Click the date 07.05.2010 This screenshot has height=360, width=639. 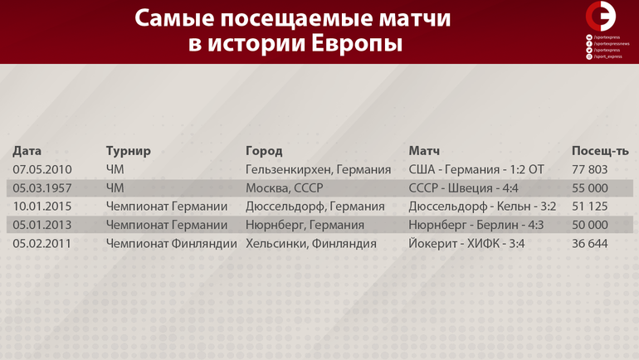[42, 169]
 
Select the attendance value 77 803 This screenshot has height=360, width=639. [590, 169]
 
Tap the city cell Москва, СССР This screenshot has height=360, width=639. [285, 188]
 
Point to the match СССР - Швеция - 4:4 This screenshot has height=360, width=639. [463, 188]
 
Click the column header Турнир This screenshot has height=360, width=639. [129, 151]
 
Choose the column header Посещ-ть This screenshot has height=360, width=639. [600, 151]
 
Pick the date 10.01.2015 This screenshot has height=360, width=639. [42, 207]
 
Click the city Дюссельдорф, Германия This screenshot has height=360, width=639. [315, 207]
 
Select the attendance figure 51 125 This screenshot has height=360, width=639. [590, 207]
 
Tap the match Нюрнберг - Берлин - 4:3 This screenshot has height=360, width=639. [476, 225]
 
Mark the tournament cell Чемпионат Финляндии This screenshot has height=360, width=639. [172, 244]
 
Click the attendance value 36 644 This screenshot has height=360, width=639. [590, 244]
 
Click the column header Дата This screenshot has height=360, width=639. [27, 151]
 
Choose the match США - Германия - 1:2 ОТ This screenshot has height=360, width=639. [476, 169]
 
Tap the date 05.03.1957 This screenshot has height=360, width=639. [42, 188]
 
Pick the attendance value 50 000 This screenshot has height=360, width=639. [590, 225]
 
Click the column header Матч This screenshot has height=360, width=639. [424, 151]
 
